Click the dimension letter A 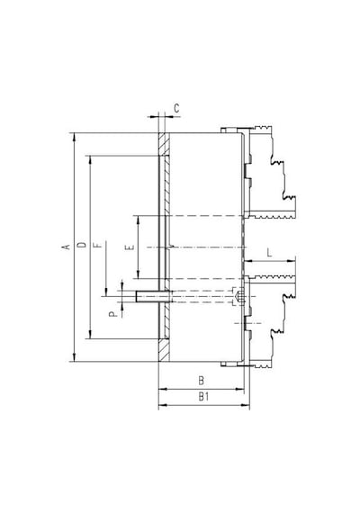coord(67,247)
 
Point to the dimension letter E coord(130,247)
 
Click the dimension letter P coord(112,314)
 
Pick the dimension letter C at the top coord(176,108)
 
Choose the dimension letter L coord(269,253)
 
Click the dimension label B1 coord(204,397)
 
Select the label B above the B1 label coord(202,381)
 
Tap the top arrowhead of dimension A coord(75,137)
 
